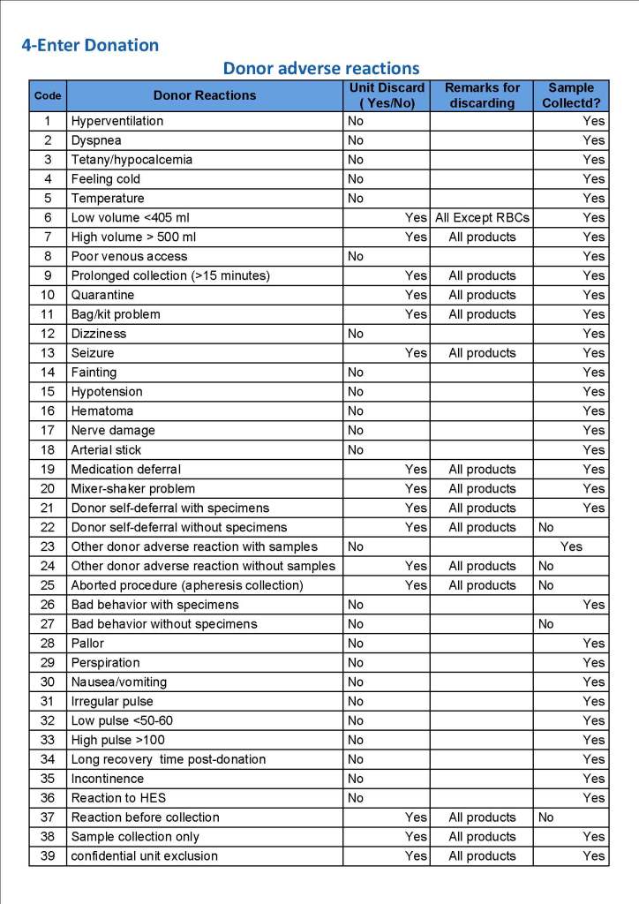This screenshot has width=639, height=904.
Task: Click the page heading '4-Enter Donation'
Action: pos(90,45)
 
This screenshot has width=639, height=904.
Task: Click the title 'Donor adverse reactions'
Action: pos(320,68)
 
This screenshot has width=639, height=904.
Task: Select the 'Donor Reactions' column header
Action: pos(205,95)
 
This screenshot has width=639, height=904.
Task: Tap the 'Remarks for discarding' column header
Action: pos(482,95)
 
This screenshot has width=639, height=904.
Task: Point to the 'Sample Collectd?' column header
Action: pos(571,95)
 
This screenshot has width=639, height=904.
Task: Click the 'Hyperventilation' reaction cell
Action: pos(117,121)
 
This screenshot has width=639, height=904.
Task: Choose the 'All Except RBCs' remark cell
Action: pos(482,217)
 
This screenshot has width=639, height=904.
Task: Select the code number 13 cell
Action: pos(48,353)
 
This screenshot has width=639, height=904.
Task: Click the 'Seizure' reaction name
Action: pos(93,353)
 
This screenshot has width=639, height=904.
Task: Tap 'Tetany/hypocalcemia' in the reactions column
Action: pos(132,160)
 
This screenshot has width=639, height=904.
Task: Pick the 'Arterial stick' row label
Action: pos(106,450)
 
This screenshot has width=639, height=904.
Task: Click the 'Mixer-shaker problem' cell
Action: pos(133,489)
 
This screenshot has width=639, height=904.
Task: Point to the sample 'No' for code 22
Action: pos(546,528)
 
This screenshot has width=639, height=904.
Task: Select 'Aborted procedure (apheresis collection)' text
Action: pos(187,585)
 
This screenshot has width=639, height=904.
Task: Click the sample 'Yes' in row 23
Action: pos(571,547)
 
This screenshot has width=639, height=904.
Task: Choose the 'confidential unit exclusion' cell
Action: pos(145,856)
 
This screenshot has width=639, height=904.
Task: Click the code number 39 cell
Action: pos(48,856)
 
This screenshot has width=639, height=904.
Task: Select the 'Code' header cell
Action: pos(48,95)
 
